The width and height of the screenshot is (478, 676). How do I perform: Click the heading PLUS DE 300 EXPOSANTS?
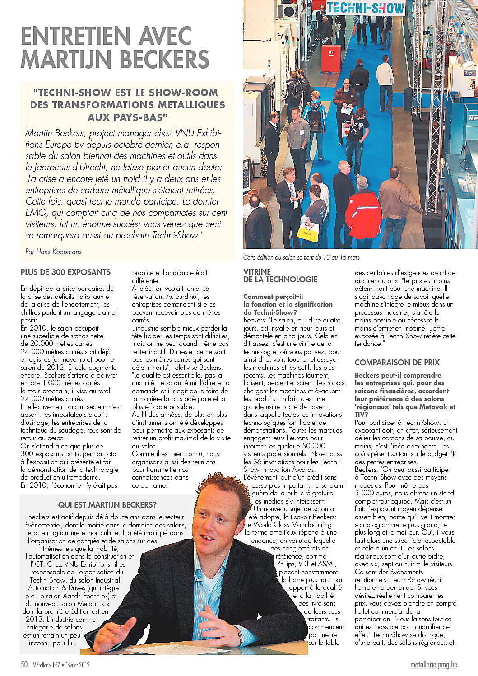pyautogui.click(x=65, y=272)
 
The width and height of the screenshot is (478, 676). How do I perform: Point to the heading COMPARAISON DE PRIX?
pyautogui.click(x=397, y=363)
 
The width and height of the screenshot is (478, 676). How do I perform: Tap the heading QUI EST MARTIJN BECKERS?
pyautogui.click(x=107, y=504)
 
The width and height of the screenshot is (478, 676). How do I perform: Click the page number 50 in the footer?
pyautogui.click(x=24, y=665)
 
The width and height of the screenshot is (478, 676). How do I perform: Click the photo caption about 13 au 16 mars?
pyautogui.click(x=301, y=257)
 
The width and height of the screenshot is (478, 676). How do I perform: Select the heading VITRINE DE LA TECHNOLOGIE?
pyautogui.click(x=280, y=275)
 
